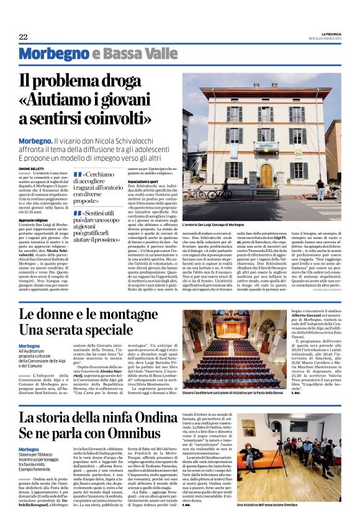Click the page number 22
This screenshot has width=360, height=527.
tap(24, 37)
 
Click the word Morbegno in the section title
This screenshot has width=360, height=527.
tap(52, 55)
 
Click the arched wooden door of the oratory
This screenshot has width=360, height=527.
tap(266, 176)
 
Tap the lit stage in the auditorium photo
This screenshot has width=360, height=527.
tap(227, 341)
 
